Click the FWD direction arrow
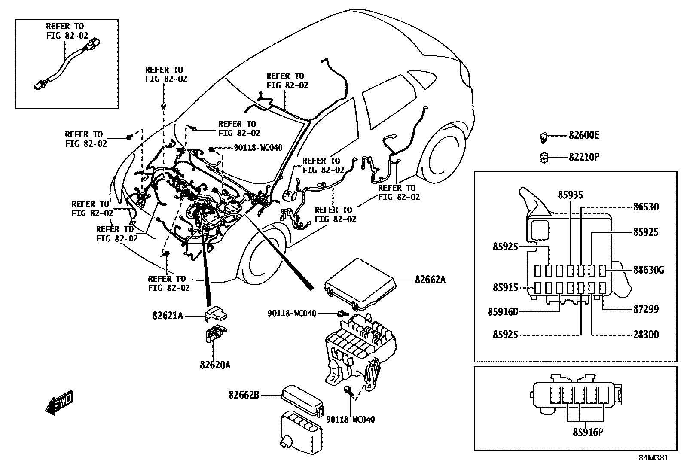tap(59, 402)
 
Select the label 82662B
tap(244, 394)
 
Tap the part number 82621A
tap(167, 316)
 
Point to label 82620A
tap(215, 365)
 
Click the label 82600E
tap(583, 135)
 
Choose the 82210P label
tap(583, 157)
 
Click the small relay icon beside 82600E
tap(544, 137)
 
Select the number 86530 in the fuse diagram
tap(645, 207)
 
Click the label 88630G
tap(648, 270)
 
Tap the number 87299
tap(645, 309)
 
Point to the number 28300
tap(645, 335)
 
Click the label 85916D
tap(503, 311)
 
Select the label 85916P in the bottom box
tap(588, 432)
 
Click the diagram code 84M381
tap(653, 458)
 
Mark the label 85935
tap(570, 195)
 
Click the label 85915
tap(505, 288)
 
